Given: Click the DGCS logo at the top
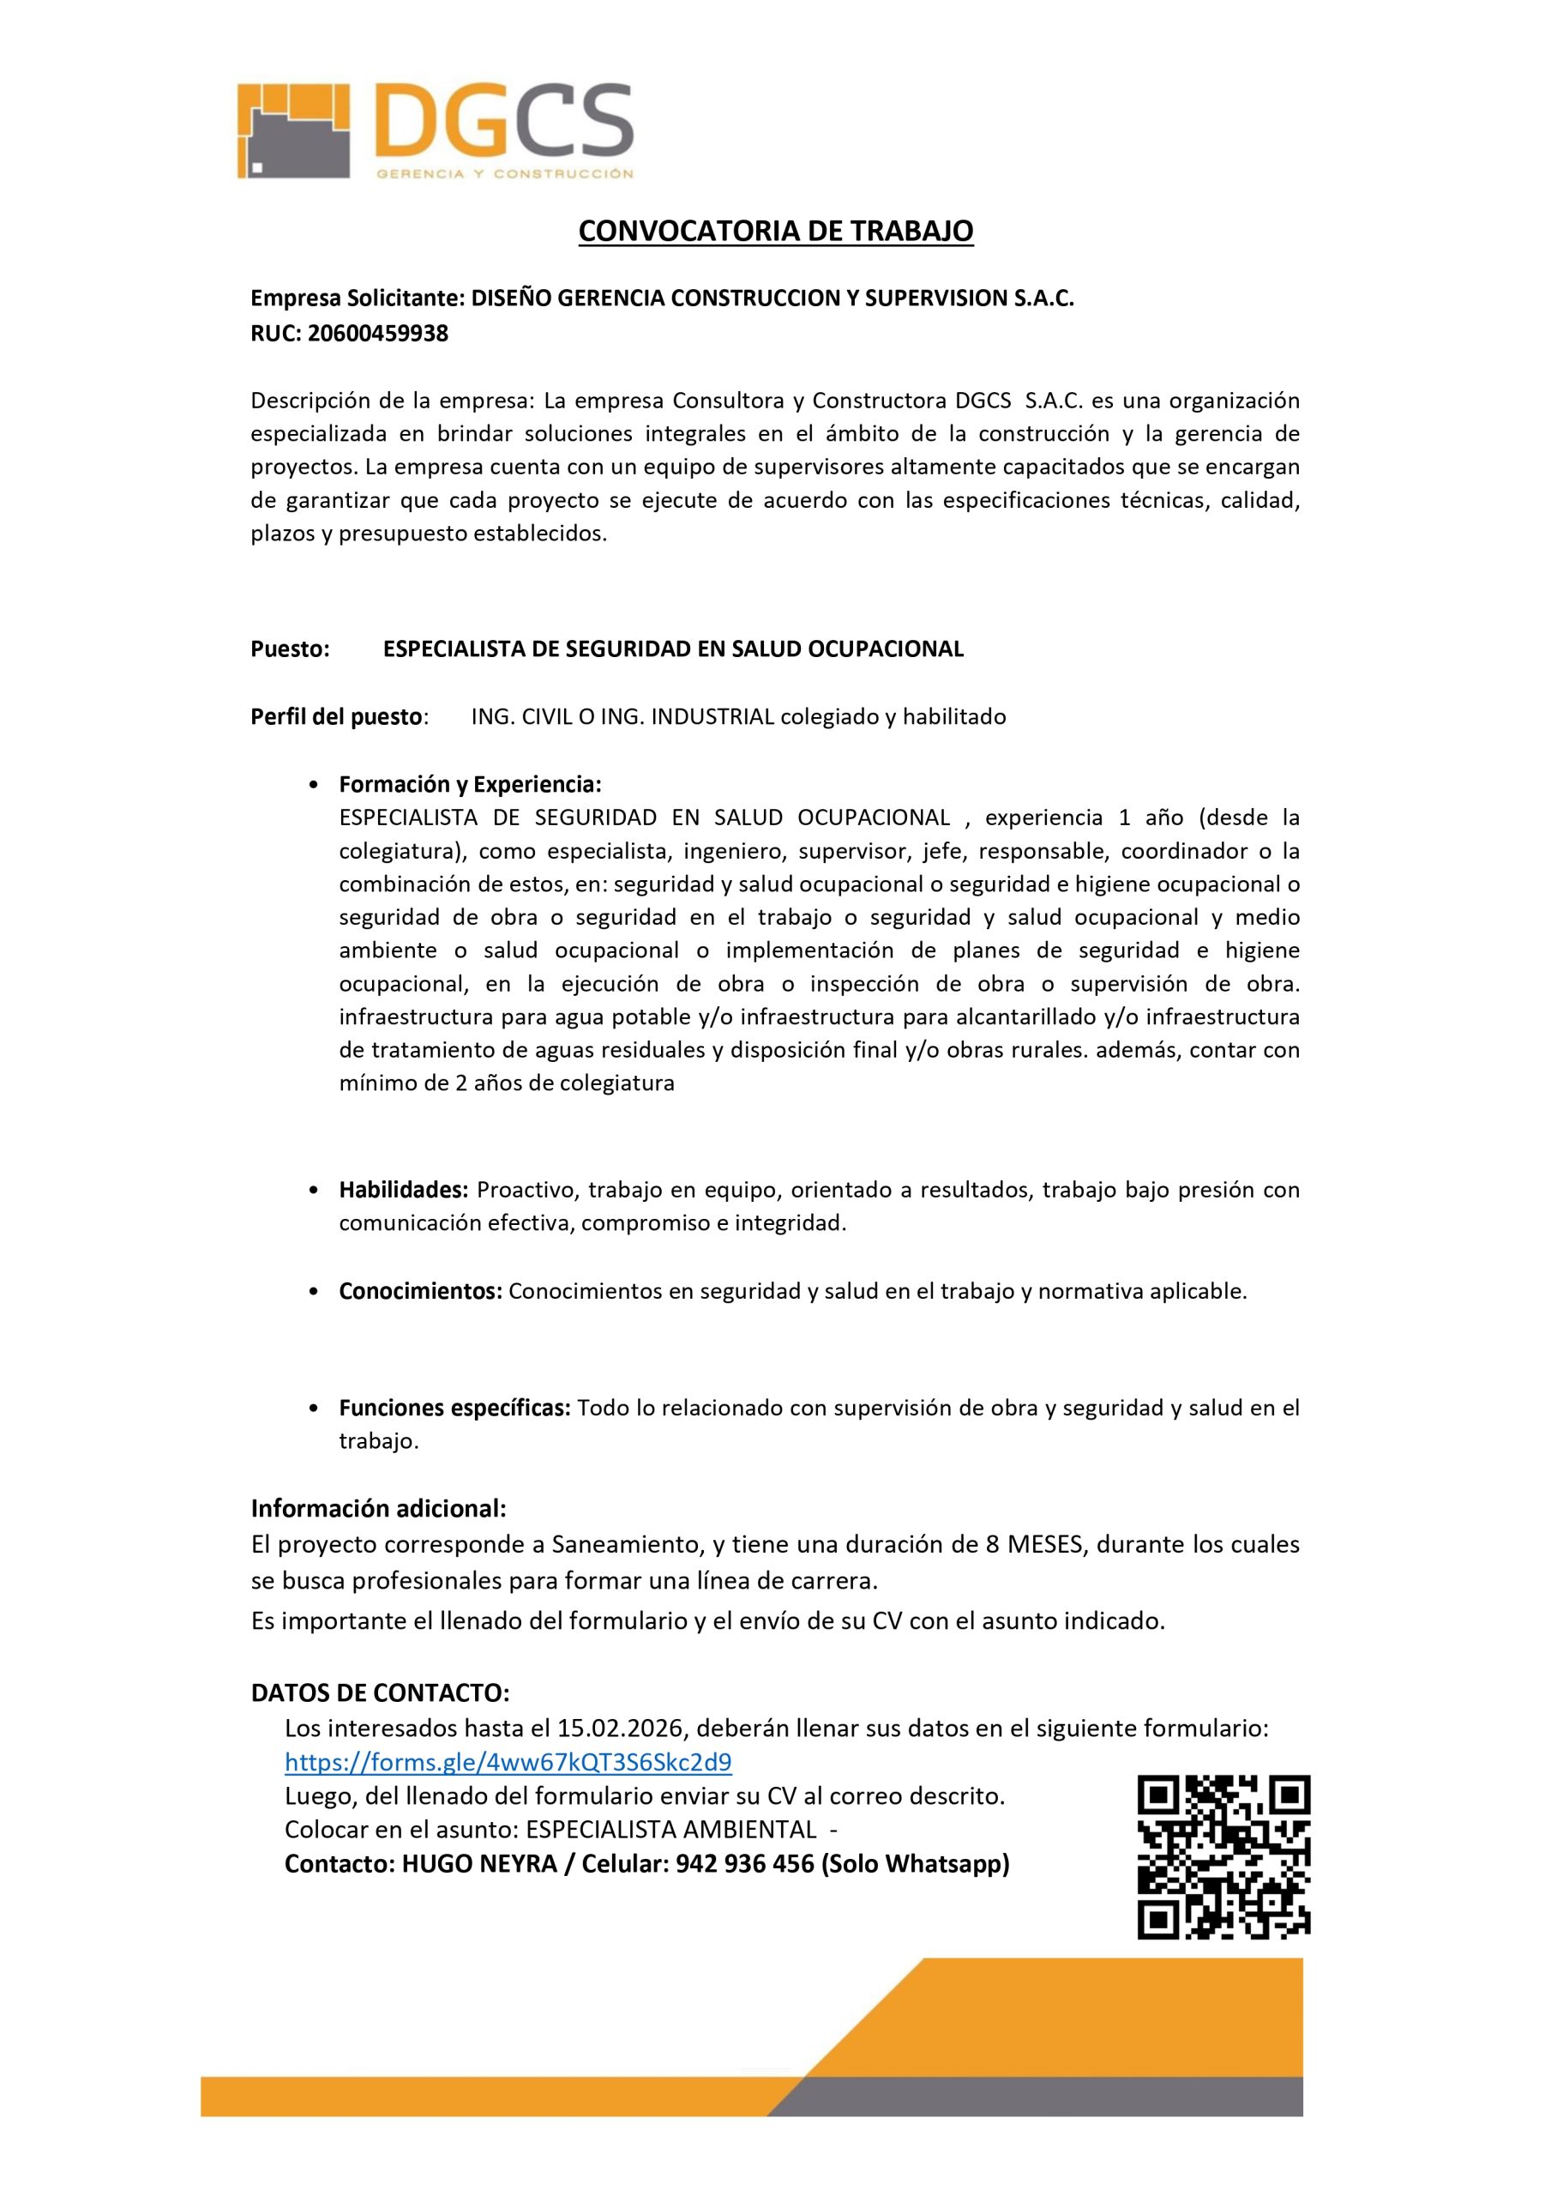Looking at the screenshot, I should [x=435, y=131].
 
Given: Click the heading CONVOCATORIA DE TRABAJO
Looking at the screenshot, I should [x=775, y=231].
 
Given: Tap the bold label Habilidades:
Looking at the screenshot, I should [x=404, y=1190].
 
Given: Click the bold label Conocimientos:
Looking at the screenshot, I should [x=421, y=1291].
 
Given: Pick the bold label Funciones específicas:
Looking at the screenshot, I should [x=455, y=1408].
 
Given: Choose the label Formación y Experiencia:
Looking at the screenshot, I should [x=471, y=784].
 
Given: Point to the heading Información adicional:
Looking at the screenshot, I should [x=379, y=1508].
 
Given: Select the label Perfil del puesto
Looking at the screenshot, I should [x=337, y=716].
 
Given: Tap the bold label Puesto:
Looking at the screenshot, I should [x=290, y=649].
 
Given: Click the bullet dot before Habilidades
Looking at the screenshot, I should [x=315, y=1191].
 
